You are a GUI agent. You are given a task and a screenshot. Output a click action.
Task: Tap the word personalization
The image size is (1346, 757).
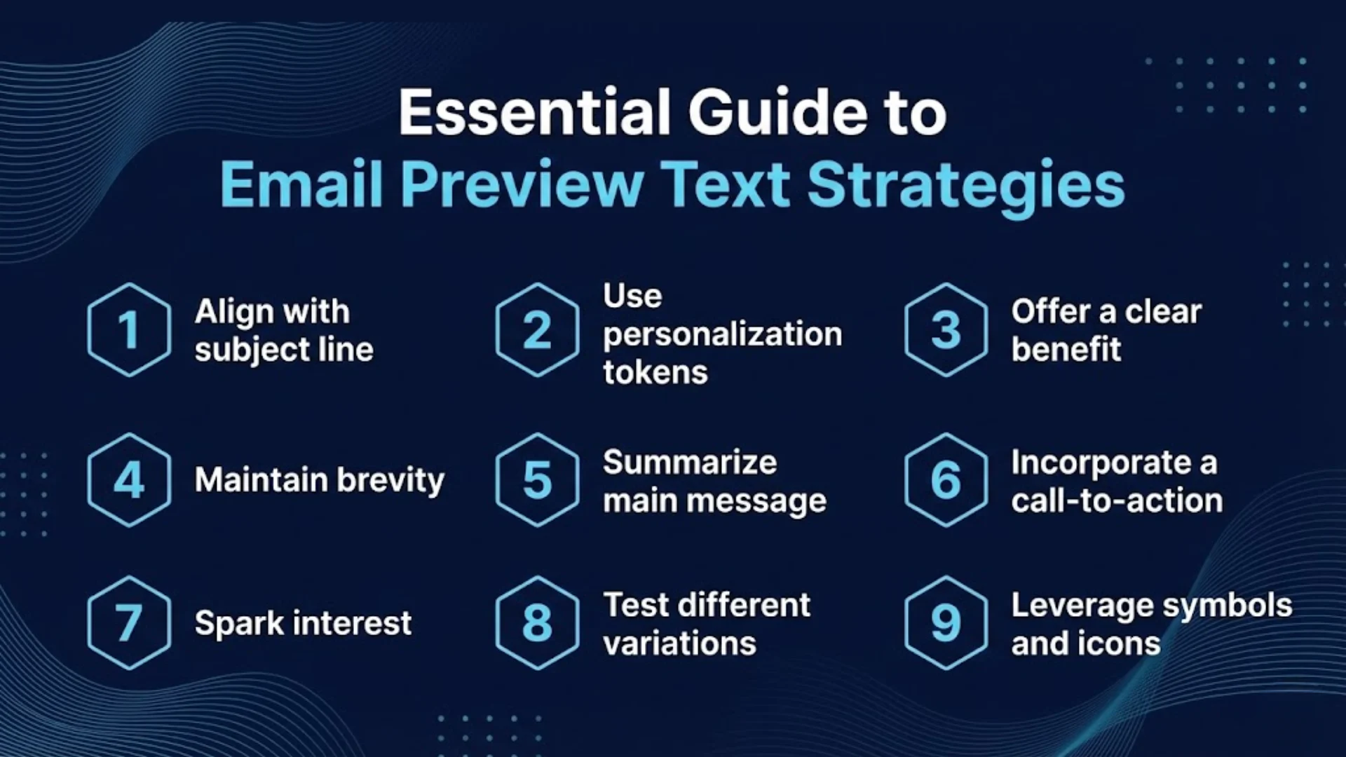tap(723, 336)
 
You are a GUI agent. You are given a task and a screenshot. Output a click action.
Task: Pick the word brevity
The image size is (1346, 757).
tap(390, 481)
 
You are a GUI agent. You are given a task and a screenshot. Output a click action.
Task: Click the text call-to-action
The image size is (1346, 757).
tap(1117, 500)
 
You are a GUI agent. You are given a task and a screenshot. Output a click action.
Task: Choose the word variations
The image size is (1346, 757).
tap(680, 643)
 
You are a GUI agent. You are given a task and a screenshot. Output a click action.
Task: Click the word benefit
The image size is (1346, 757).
tap(1066, 349)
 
